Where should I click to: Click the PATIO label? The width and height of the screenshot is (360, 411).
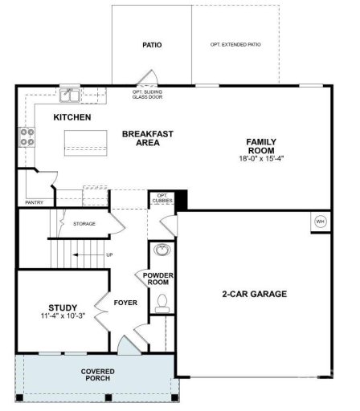coord(152,45)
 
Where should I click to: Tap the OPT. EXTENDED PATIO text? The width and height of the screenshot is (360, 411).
coord(235,45)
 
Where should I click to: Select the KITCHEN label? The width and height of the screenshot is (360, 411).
coord(72,118)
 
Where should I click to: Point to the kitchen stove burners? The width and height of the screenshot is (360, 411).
coord(27,137)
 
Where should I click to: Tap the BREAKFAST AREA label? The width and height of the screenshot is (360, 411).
coord(148,138)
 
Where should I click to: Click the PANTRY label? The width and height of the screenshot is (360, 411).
coord(35,203)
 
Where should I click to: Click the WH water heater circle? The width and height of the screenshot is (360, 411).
coord(319,222)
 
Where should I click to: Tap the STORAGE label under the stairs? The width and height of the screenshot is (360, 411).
coord(84,224)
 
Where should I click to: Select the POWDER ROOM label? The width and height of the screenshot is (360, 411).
coord(159,279)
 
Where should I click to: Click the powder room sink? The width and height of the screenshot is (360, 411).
coord(162,249)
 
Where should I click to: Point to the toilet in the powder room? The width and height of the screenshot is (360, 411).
coord(162,303)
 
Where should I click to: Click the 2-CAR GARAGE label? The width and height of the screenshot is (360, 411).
coord(254,295)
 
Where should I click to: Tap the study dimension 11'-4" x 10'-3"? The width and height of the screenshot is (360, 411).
coord(62,316)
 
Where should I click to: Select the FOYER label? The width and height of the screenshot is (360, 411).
coord(125,303)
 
